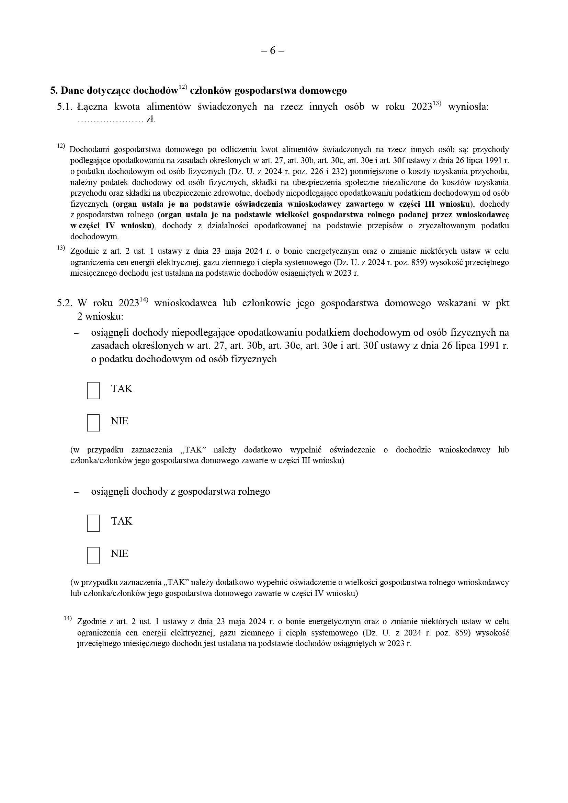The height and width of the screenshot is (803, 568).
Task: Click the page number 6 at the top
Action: coord(272,51)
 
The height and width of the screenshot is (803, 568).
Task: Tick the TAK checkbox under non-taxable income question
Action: coord(93,390)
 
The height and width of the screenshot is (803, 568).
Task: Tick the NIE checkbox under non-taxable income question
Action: coord(93,423)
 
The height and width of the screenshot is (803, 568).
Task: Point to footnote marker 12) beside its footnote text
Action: coord(61,146)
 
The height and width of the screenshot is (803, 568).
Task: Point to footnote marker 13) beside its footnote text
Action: coord(61,248)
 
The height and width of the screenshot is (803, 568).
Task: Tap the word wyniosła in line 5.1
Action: coord(468,107)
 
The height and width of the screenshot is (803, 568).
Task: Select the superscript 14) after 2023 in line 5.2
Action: coord(144,300)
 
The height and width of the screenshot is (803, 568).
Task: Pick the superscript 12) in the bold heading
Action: coord(183,87)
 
